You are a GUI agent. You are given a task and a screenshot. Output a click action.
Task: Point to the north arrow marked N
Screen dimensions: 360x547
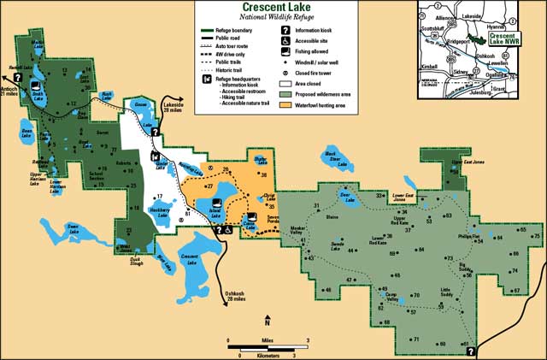[267, 320]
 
